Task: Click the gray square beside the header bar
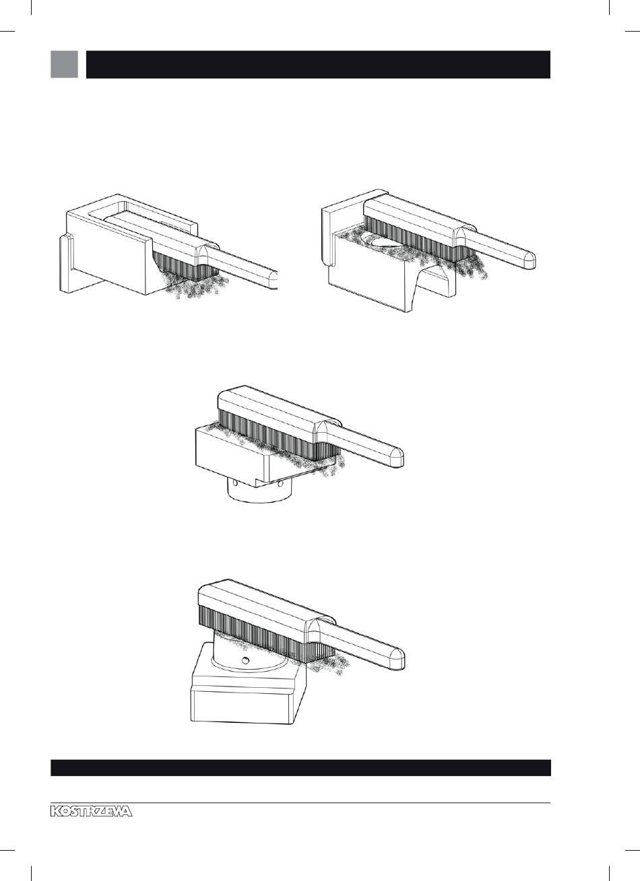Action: (x=64, y=64)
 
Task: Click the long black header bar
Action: (x=318, y=65)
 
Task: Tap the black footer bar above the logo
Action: (x=300, y=768)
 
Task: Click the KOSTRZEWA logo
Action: (x=92, y=811)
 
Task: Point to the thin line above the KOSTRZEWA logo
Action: (x=300, y=803)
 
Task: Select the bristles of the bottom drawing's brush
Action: (x=267, y=633)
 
